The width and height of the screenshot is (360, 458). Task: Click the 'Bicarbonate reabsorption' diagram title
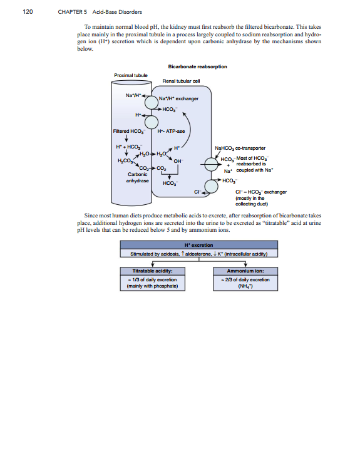click(197, 66)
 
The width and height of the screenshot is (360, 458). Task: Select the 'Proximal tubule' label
click(130, 75)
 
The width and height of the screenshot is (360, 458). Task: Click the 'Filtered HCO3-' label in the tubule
click(130, 131)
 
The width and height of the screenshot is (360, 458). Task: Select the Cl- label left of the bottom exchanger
click(198, 192)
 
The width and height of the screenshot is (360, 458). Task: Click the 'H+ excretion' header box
click(198, 245)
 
